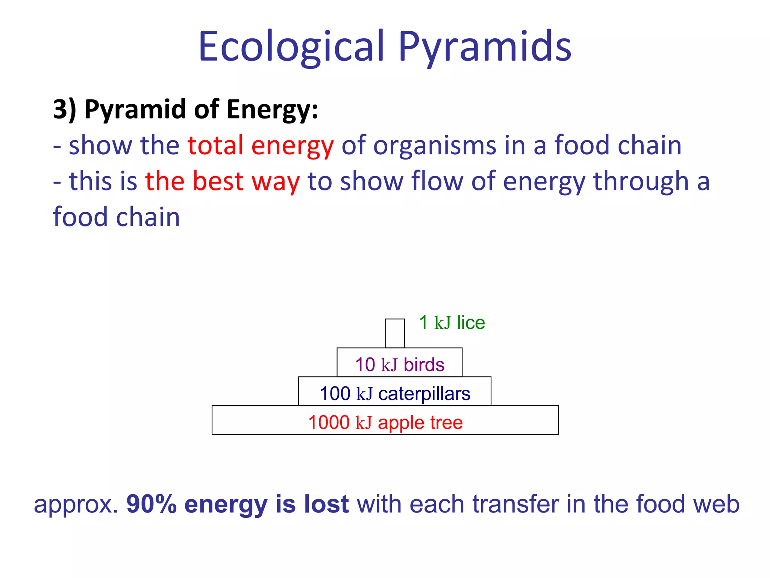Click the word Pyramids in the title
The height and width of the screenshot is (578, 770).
tap(485, 47)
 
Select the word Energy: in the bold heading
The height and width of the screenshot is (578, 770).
tap(272, 109)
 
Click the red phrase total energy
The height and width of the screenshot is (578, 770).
tap(261, 145)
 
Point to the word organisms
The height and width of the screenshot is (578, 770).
tap(435, 145)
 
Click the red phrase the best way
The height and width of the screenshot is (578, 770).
tap(223, 181)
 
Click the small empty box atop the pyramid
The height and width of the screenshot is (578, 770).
tap(395, 333)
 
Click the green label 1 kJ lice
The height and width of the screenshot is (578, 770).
tap(452, 323)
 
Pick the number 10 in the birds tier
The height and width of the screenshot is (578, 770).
tap(365, 365)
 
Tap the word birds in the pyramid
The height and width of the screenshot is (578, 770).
tap(424, 365)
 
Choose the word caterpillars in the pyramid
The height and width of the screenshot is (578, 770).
tap(424, 394)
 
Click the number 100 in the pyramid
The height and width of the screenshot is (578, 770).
tap(335, 394)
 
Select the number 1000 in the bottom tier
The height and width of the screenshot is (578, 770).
tap(329, 422)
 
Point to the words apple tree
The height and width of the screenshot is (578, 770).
tap(420, 423)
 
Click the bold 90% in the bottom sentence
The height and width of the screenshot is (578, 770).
tap(152, 504)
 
